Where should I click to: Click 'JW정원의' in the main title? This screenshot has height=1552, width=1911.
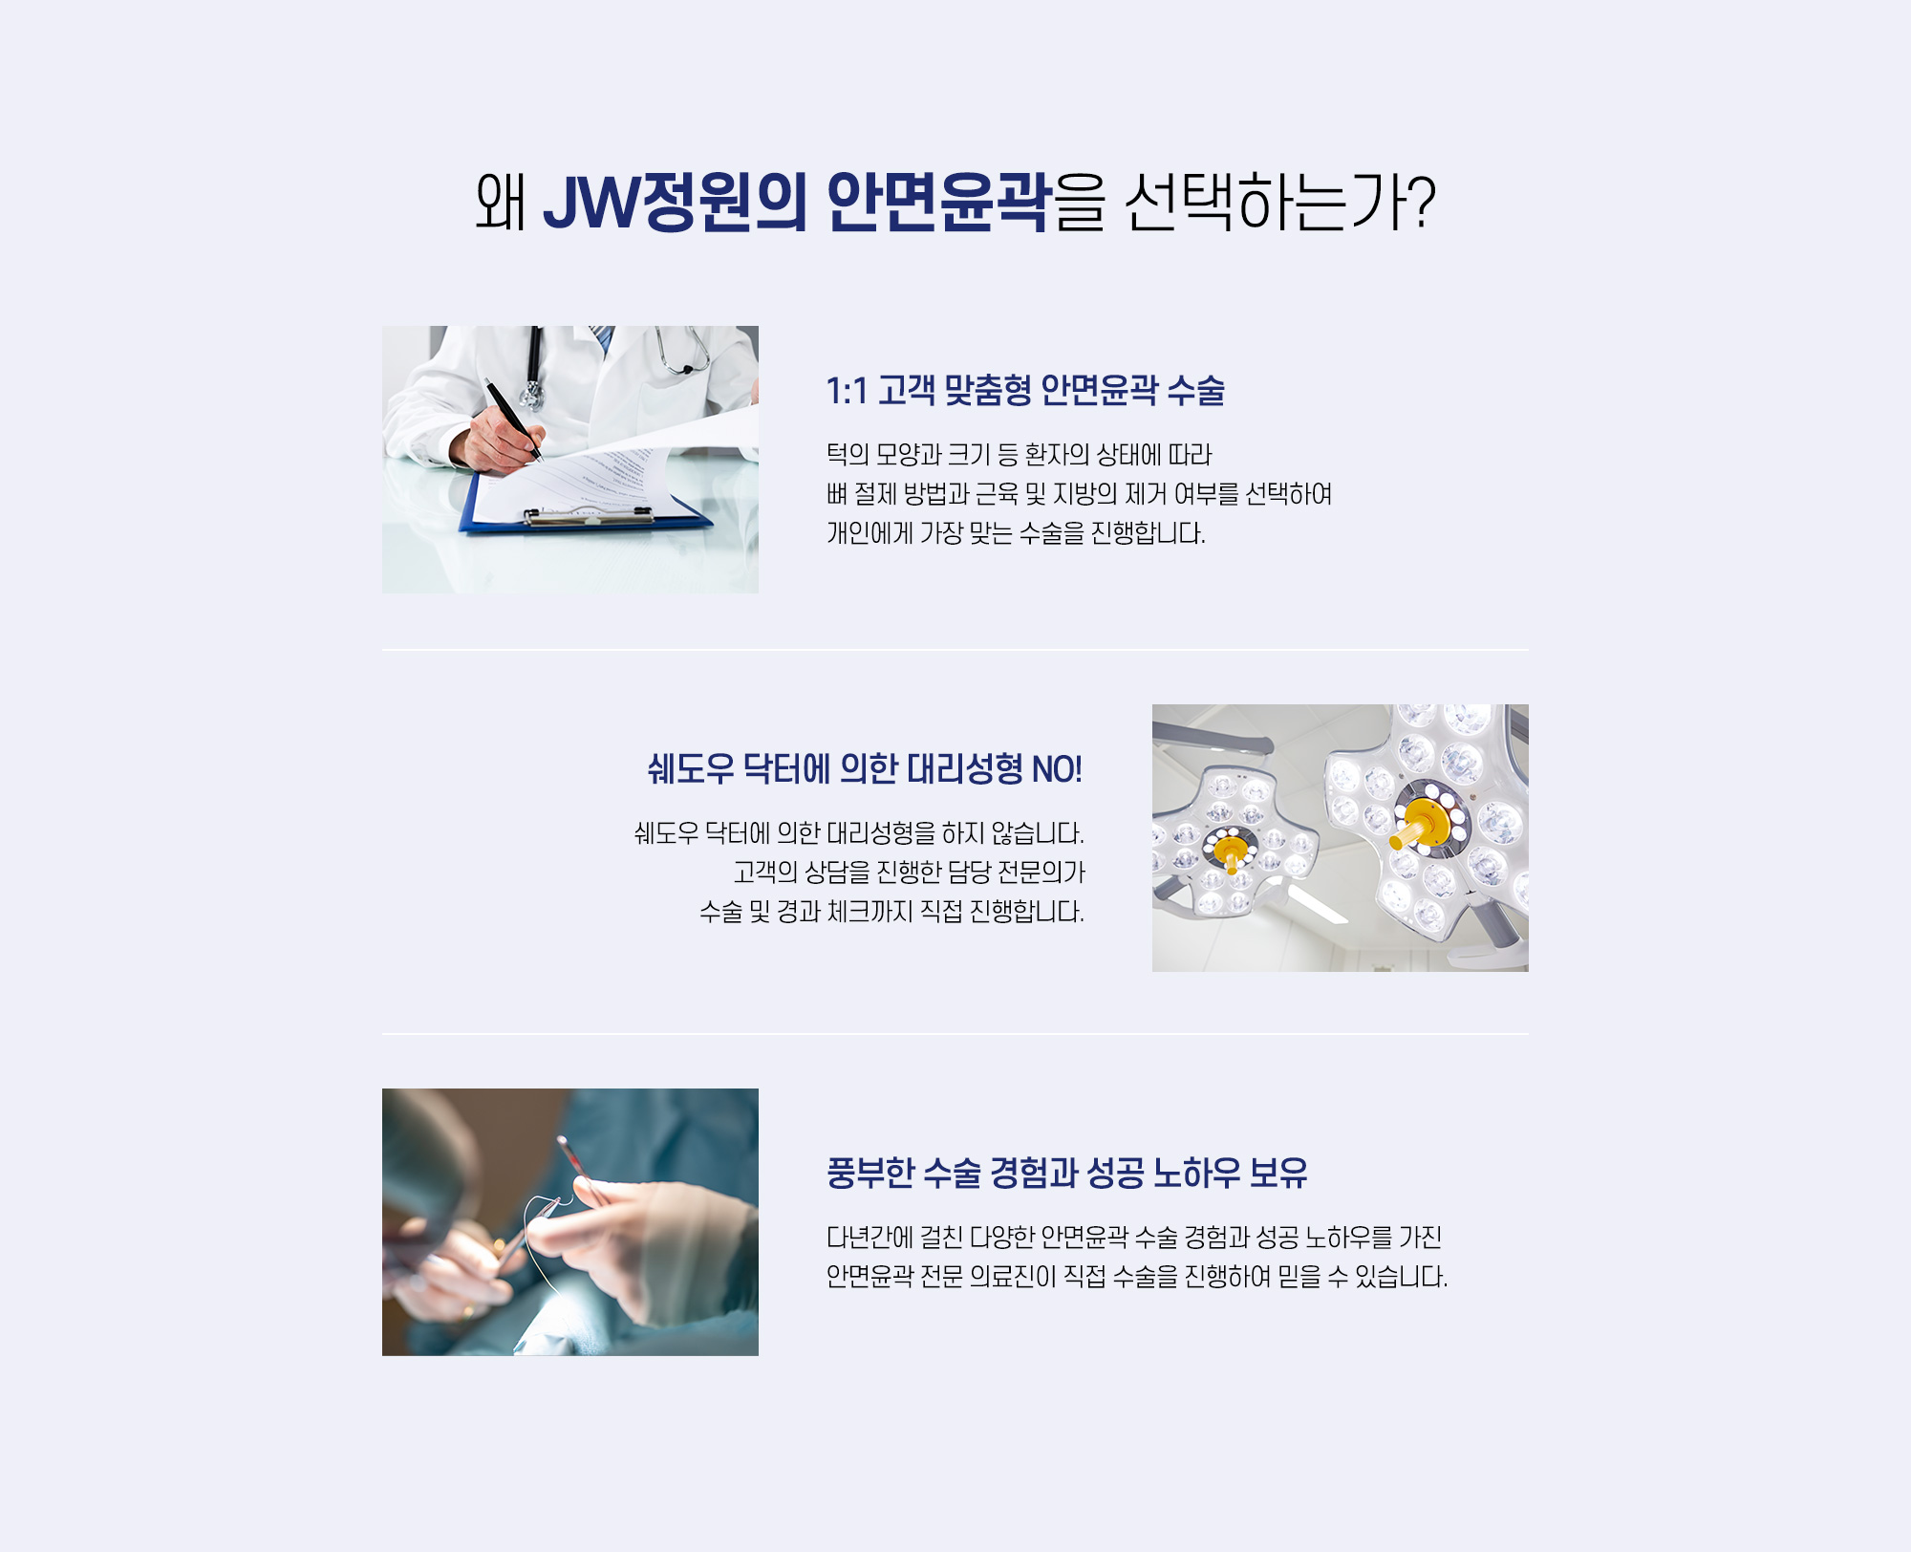[x=675, y=202]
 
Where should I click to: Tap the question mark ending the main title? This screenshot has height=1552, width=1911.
[x=1421, y=202]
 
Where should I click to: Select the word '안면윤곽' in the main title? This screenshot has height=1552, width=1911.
[x=937, y=202]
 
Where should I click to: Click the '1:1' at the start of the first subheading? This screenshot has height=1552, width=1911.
[x=847, y=391]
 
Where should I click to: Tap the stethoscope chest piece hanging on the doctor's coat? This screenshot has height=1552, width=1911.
[x=531, y=394]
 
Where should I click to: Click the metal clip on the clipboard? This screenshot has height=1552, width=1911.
[x=589, y=517]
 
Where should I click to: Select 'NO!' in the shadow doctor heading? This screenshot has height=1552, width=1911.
[x=1057, y=769]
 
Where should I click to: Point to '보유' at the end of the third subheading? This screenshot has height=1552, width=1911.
[x=1278, y=1173]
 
